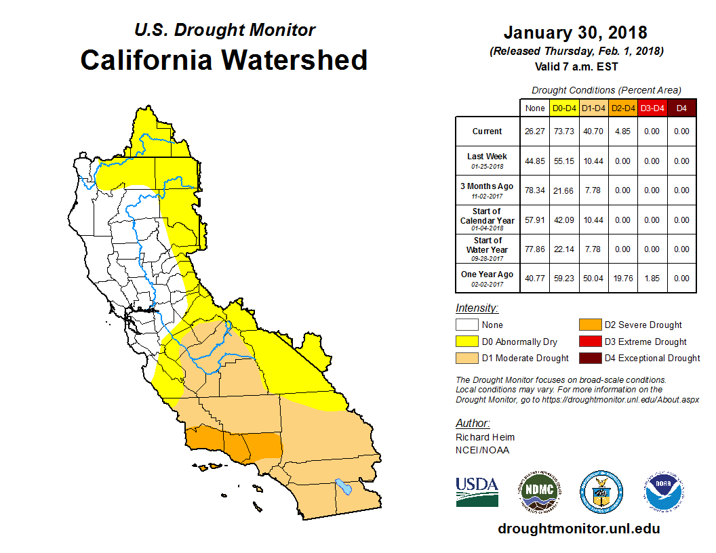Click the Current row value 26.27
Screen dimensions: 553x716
[534, 131]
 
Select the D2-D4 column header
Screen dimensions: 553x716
[623, 108]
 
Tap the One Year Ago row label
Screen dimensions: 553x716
[488, 274]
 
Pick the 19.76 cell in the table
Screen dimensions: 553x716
[623, 277]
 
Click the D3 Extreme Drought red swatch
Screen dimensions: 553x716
[588, 342]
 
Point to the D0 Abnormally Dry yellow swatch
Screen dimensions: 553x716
[466, 342]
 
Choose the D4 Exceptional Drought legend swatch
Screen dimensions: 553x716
[588, 358]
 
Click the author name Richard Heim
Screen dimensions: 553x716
[485, 437]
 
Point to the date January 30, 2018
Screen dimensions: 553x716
[576, 32]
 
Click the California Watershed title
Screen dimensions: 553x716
[224, 60]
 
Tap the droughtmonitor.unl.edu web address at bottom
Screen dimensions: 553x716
[578, 529]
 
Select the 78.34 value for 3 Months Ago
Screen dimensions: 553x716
[534, 190]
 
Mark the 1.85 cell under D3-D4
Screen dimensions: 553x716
[652, 277]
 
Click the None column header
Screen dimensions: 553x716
[534, 108]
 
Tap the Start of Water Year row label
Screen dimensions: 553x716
[488, 245]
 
